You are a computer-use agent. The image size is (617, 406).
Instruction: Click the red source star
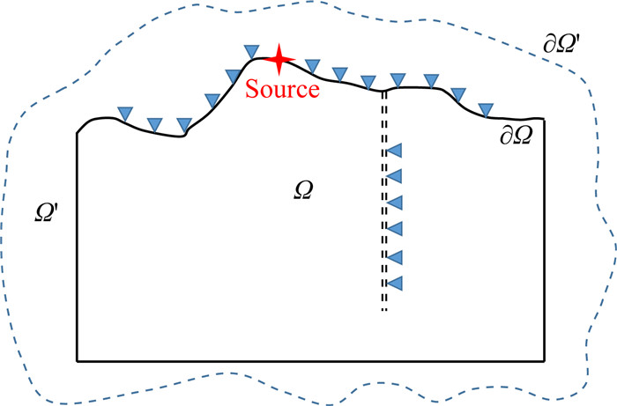(279, 59)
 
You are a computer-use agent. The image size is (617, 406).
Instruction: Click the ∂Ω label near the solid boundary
(518, 137)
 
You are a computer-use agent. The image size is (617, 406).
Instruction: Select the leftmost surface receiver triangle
(126, 112)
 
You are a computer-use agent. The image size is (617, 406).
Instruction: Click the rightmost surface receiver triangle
(485, 109)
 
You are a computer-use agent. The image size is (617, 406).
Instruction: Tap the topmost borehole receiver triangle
(395, 151)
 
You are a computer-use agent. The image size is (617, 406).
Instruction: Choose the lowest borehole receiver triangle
(395, 283)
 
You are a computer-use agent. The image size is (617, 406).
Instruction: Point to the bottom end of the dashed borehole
(383, 311)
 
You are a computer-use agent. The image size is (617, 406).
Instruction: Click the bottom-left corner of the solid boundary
(78, 360)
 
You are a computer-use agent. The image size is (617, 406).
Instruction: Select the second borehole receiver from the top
(395, 176)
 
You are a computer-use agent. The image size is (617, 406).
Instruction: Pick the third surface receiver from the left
(184, 125)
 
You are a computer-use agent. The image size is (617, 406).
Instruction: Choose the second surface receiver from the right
(457, 94)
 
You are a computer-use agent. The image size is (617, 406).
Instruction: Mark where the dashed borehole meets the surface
(383, 91)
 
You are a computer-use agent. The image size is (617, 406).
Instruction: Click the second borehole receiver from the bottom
(395, 257)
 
